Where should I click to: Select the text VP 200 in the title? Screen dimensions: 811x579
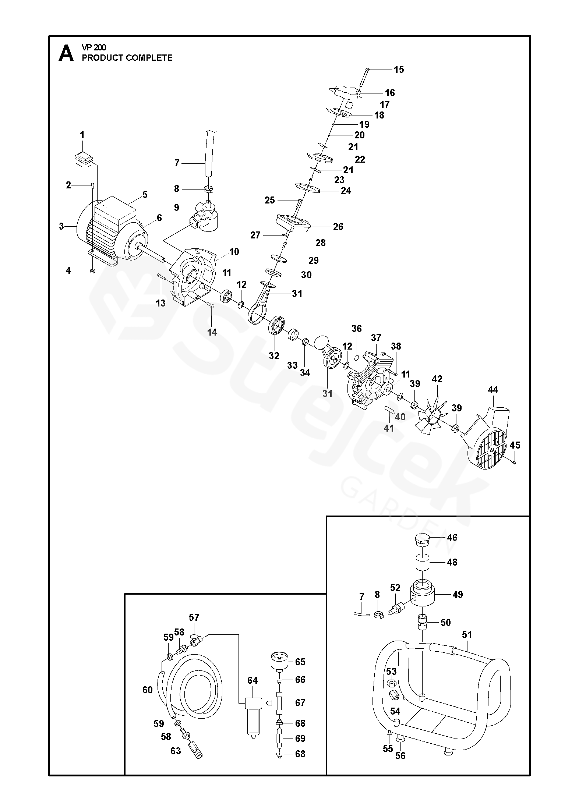[x=94, y=47]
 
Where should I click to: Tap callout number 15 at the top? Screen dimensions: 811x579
[x=399, y=69]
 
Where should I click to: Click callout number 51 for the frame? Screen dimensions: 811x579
[x=467, y=634]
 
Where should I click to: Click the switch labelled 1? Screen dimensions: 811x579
[x=82, y=159]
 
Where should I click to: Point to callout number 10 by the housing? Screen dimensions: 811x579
[x=234, y=252]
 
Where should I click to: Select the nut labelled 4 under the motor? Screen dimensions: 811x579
[x=93, y=271]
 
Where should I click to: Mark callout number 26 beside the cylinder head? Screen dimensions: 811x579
[x=338, y=226]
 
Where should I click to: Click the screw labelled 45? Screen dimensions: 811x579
[x=514, y=463]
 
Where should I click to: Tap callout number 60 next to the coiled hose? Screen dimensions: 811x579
[x=147, y=690]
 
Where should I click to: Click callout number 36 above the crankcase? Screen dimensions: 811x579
[x=356, y=328]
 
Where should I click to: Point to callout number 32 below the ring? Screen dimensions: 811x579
[x=274, y=356]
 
